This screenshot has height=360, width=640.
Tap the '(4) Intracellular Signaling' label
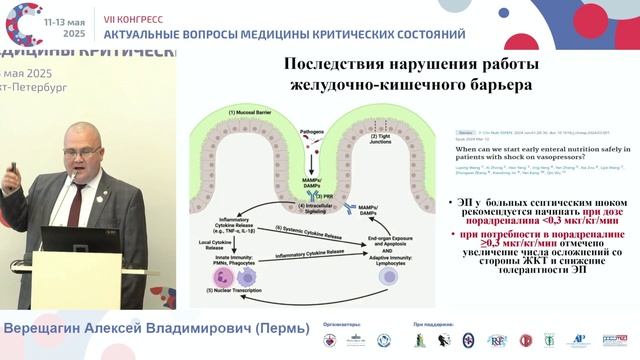point(315,206)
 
